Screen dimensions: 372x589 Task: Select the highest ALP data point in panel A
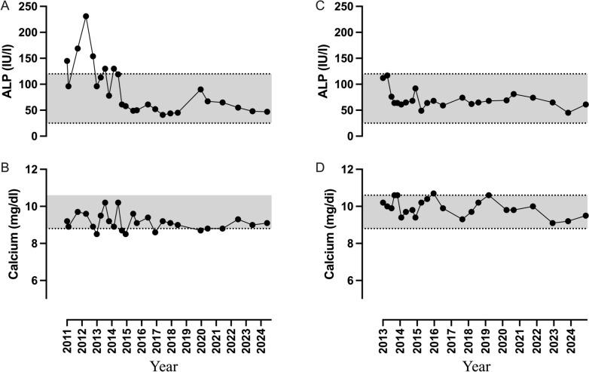click(86, 16)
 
